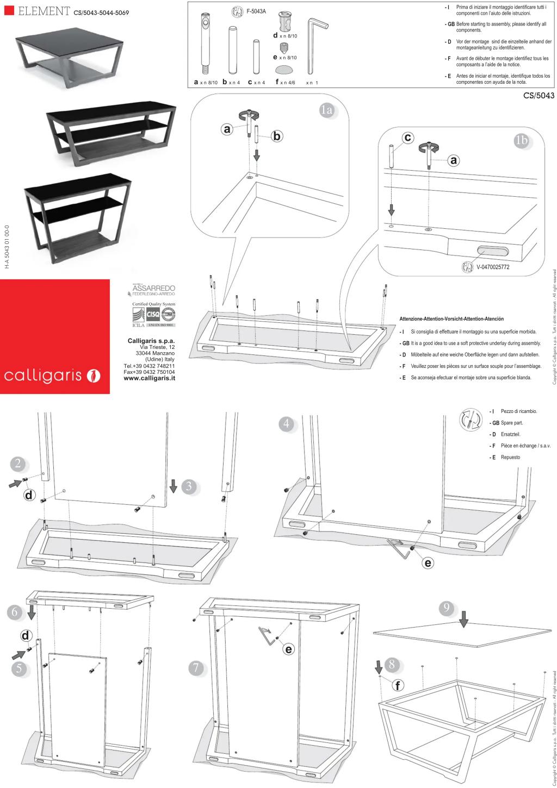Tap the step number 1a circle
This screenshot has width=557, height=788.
coord(326,110)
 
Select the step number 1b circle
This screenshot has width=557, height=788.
coord(521,140)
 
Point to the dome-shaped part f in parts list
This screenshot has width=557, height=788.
coord(283,69)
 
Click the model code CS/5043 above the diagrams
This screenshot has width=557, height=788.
coord(538,96)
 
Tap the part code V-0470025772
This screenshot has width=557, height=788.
coord(492,267)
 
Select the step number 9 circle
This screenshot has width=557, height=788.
coord(446,608)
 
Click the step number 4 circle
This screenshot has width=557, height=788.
coord(287,423)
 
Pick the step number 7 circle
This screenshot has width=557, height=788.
coord(196,667)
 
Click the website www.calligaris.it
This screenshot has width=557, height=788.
coord(149,378)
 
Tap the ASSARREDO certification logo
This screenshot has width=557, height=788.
coord(154,289)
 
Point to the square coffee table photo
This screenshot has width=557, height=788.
coord(69,57)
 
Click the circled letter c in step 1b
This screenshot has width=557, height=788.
coord(407,137)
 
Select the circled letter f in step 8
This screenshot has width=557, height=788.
coord(398,685)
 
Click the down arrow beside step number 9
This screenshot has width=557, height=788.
coord(463,618)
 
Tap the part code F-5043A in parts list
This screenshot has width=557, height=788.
coord(256,11)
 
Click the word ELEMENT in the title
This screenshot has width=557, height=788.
coord(44,11)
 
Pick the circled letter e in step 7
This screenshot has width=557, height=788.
coord(288,649)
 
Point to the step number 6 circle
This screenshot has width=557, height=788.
coord(15,611)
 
